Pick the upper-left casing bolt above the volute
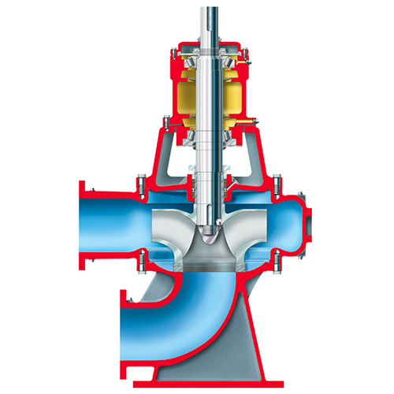pos(141,187)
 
